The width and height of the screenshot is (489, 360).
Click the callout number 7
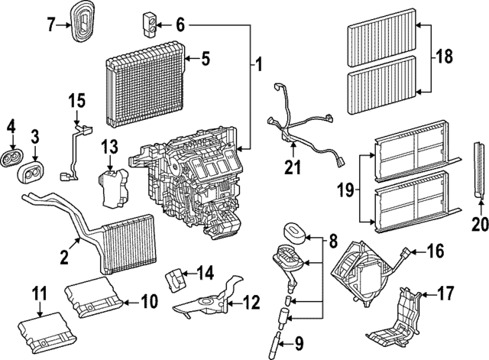tap(51, 24)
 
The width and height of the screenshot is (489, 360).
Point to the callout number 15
tap(76, 100)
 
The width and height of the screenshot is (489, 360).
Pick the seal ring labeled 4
tap(12, 159)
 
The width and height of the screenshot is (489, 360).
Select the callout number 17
tap(445, 293)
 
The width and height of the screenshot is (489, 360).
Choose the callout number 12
tap(251, 302)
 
